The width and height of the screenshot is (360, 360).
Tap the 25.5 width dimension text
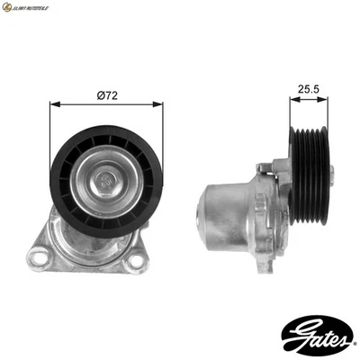309,90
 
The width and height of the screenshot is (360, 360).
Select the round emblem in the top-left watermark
7,7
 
